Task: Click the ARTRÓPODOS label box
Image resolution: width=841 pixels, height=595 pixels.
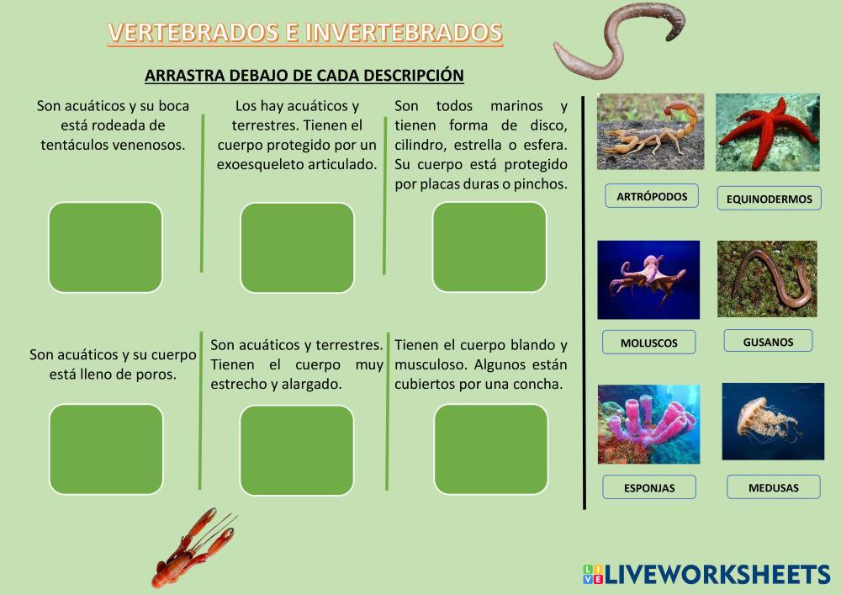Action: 652,196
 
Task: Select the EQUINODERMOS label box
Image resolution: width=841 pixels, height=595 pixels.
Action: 770,199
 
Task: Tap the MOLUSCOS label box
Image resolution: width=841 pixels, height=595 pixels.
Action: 649,343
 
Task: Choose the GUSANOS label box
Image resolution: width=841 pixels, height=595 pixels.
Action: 768,341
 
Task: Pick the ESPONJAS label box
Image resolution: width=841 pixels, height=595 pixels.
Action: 649,487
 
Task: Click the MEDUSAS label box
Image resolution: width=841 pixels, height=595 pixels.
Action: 774,487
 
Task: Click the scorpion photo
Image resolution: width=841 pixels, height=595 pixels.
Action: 650,132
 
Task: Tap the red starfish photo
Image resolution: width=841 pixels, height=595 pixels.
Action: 768,132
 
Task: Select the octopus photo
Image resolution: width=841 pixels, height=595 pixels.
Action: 648,280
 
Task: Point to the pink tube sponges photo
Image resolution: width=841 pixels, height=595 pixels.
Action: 649,424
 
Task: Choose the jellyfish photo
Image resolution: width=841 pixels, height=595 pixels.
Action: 773,421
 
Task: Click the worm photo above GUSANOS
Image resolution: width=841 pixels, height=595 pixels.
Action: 767,279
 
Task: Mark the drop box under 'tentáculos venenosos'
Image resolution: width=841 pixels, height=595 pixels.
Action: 106,247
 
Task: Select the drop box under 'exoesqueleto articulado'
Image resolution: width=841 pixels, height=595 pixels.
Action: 297,248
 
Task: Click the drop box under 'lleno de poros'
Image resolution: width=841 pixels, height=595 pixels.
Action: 106,449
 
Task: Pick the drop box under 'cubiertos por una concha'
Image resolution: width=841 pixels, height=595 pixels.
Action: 491,449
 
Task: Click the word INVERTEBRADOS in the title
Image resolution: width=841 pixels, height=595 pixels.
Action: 405,32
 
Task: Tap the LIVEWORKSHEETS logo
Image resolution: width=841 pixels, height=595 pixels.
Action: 706,575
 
